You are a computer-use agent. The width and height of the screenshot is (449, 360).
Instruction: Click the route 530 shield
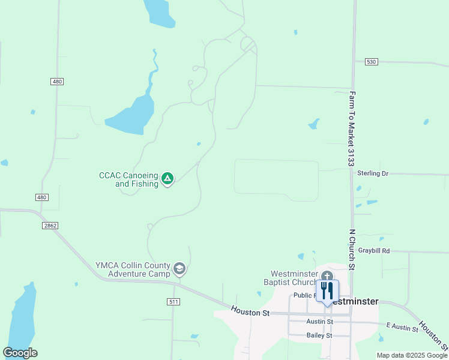tap(372, 62)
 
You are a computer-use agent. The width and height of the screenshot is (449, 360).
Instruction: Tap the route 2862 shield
tap(50, 225)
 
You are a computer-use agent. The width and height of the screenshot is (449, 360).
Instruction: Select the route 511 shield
tap(174, 301)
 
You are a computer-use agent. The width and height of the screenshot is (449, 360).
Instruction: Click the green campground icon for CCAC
tap(168, 178)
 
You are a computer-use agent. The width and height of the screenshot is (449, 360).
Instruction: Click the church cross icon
tap(327, 277)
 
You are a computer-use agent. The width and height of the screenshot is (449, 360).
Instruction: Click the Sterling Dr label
tap(373, 173)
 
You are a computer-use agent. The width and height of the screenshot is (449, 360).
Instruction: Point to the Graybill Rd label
tap(374, 250)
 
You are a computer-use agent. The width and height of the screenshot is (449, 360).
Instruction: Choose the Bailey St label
tap(319, 335)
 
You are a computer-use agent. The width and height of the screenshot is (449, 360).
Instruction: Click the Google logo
tap(20, 353)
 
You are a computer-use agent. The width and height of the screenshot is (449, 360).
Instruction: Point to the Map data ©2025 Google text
tap(412, 355)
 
